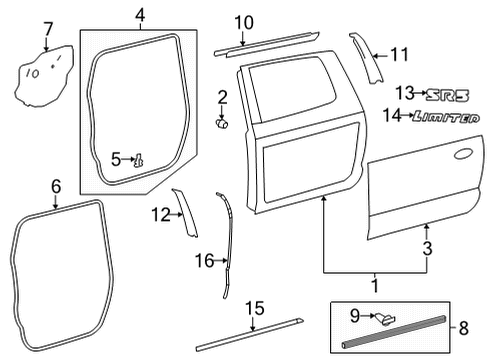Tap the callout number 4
click(140, 15)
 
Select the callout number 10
click(245, 22)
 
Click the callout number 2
click(222, 98)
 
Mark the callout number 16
click(203, 261)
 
